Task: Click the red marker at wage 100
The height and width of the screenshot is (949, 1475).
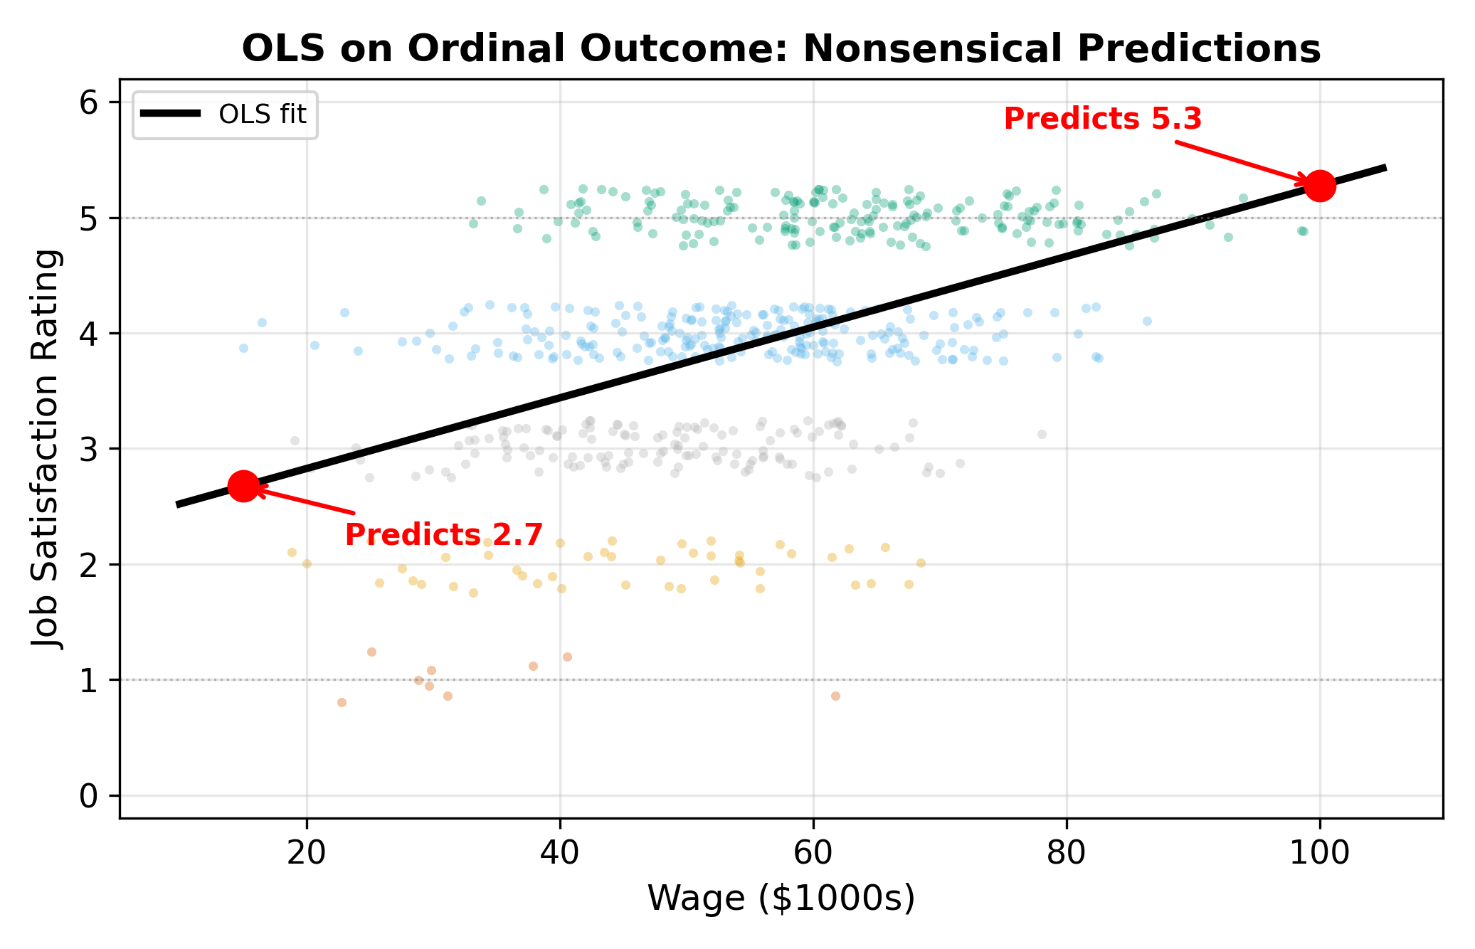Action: tap(1319, 186)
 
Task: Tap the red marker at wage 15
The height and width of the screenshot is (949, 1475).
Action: tap(243, 486)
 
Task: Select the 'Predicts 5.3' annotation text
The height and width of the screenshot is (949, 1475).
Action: tap(1102, 119)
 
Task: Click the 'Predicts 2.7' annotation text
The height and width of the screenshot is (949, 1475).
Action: tap(444, 535)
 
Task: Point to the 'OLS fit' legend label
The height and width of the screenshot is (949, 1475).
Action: tap(263, 115)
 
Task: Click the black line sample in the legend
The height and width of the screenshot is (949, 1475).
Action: tap(170, 114)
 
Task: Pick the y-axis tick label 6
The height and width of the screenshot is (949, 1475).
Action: tap(89, 103)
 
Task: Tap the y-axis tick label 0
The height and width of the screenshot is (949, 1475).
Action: tap(89, 796)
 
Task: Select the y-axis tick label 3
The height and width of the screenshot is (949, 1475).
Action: tap(89, 450)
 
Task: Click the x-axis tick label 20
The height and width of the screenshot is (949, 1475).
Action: tap(307, 852)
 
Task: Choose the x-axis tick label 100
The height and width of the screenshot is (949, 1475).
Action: tap(1319, 852)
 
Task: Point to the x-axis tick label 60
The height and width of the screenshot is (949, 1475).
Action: tap(813, 852)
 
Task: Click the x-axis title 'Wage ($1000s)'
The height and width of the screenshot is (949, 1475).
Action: tap(781, 898)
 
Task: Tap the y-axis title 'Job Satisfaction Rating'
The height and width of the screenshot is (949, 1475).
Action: tap(48, 448)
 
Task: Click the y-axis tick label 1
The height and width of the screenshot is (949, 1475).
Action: tap(89, 681)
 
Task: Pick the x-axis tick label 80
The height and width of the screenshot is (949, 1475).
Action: tap(1066, 852)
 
